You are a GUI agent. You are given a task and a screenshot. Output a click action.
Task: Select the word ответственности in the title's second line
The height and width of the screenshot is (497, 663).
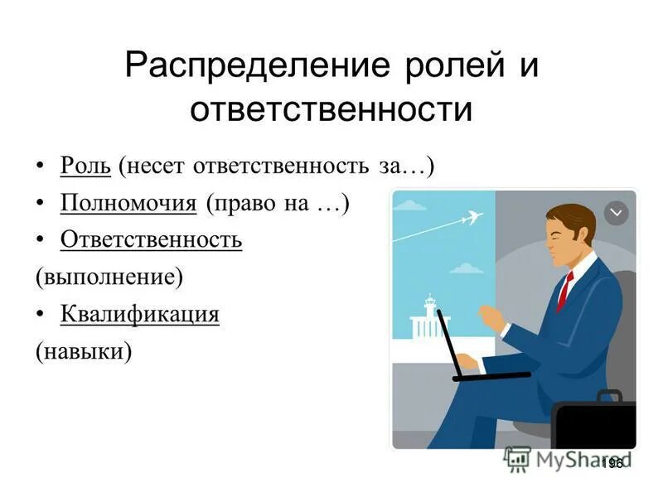click(331, 110)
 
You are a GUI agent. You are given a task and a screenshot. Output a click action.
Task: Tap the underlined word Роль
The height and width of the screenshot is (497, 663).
click(85, 166)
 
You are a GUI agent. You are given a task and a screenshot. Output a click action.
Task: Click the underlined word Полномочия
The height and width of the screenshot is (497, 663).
click(128, 203)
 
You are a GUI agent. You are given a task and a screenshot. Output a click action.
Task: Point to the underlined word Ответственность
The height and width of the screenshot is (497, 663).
click(151, 240)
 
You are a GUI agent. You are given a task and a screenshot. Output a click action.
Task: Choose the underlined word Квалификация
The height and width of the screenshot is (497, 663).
click(139, 315)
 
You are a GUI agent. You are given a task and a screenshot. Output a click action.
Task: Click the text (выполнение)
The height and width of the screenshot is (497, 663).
click(109, 277)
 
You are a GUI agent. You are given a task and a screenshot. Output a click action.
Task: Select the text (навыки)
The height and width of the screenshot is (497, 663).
click(83, 351)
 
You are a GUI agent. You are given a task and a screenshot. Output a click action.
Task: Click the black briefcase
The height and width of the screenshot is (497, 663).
click(595, 422)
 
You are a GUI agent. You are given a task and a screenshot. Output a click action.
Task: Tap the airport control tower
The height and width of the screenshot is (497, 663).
click(429, 315)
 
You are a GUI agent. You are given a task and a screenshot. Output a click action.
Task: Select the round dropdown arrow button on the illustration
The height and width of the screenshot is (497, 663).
click(616, 213)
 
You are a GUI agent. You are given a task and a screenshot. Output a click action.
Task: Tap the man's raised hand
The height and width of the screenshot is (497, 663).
click(491, 318)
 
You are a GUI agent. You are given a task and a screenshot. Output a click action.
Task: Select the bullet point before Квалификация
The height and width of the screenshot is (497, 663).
click(41, 315)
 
